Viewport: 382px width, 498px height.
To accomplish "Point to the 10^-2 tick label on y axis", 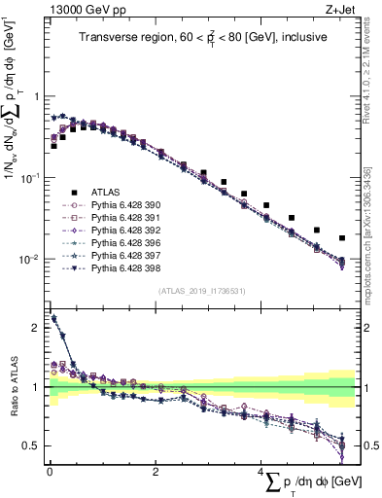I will [29, 260].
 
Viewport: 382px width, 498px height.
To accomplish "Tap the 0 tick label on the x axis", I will [49, 471].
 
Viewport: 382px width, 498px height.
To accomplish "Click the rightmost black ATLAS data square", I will [342, 237].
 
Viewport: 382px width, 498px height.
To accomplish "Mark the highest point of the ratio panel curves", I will [53, 318].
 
